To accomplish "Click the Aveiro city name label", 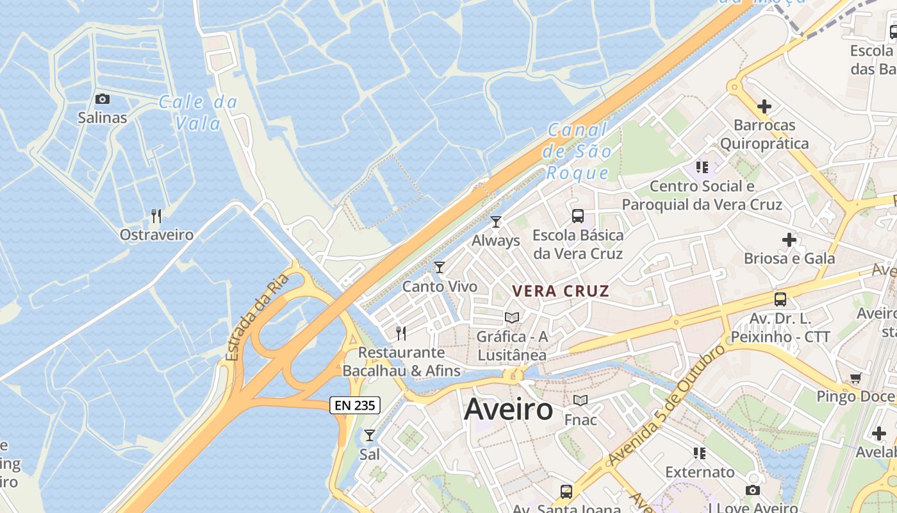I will tap(508, 409).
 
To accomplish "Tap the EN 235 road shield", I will tap(355, 405).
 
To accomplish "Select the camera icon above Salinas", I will tap(103, 99).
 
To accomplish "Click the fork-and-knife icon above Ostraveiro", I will tap(156, 215).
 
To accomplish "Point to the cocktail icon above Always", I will tap(495, 222).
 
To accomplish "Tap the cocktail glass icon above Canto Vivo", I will tap(440, 267).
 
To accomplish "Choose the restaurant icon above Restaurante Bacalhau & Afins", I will tap(401, 333).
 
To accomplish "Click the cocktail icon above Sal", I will tap(370, 435).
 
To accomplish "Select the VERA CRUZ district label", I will tap(561, 291).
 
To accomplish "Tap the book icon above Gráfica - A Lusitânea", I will tap(511, 317).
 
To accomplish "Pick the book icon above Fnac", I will tap(580, 401).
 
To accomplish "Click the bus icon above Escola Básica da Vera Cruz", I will tap(578, 216).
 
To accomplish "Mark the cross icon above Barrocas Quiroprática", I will tap(764, 106).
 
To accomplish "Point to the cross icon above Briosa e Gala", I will tap(789, 240).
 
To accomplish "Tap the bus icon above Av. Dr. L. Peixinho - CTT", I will tap(780, 299).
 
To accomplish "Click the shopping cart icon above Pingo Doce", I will tap(855, 378).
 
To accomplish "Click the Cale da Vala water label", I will tap(198, 112).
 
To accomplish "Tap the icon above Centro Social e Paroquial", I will tap(702, 167).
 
